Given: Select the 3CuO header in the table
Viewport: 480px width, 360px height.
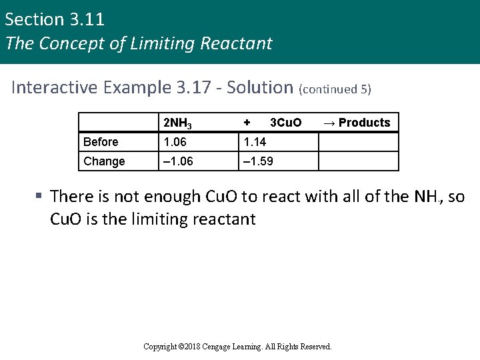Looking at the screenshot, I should click(x=285, y=123).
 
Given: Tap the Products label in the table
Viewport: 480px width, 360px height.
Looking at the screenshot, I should click(x=364, y=123).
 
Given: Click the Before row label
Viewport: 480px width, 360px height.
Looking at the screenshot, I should click(x=101, y=142).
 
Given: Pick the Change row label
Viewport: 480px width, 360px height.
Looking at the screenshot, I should click(x=104, y=161).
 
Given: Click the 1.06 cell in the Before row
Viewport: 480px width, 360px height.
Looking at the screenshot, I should click(x=175, y=142).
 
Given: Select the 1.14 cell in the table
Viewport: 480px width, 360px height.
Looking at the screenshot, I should click(x=255, y=142).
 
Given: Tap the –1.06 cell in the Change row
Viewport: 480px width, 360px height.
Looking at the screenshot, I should click(x=177, y=161).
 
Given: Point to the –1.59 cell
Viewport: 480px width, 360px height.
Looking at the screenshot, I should click(x=257, y=161).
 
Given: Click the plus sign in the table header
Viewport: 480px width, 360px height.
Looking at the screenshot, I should click(x=247, y=123).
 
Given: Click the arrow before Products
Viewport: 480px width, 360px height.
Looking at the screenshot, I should click(x=329, y=123).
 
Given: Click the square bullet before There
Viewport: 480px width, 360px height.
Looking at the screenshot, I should click(x=39, y=197).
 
